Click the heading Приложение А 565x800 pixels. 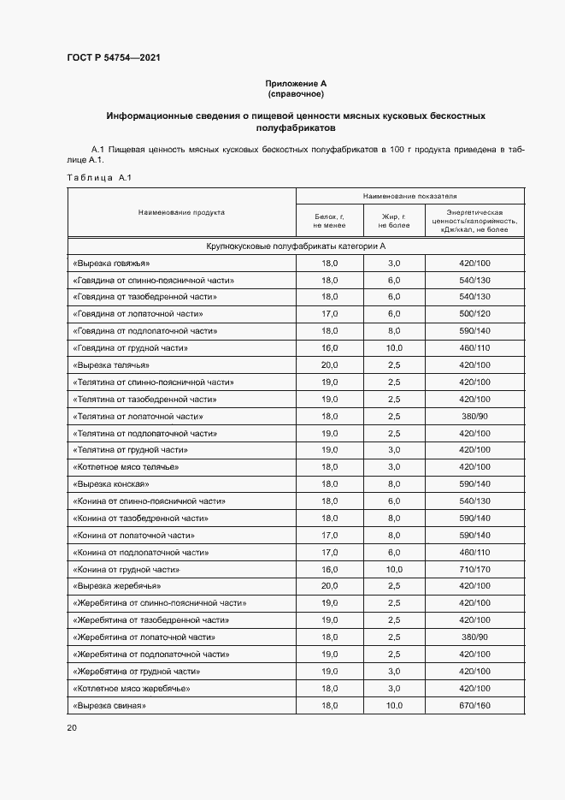click(x=295, y=83)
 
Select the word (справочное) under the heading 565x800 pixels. click(x=295, y=93)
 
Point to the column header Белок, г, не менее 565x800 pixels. click(x=329, y=221)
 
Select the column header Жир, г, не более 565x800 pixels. click(x=394, y=221)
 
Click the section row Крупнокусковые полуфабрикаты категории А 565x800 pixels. click(x=296, y=246)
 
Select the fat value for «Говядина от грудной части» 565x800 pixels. click(x=394, y=348)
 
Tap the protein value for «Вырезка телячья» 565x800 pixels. click(x=329, y=365)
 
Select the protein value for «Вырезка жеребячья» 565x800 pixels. click(x=329, y=586)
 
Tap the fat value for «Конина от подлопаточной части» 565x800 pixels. click(x=394, y=552)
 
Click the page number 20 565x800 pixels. click(x=72, y=728)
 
